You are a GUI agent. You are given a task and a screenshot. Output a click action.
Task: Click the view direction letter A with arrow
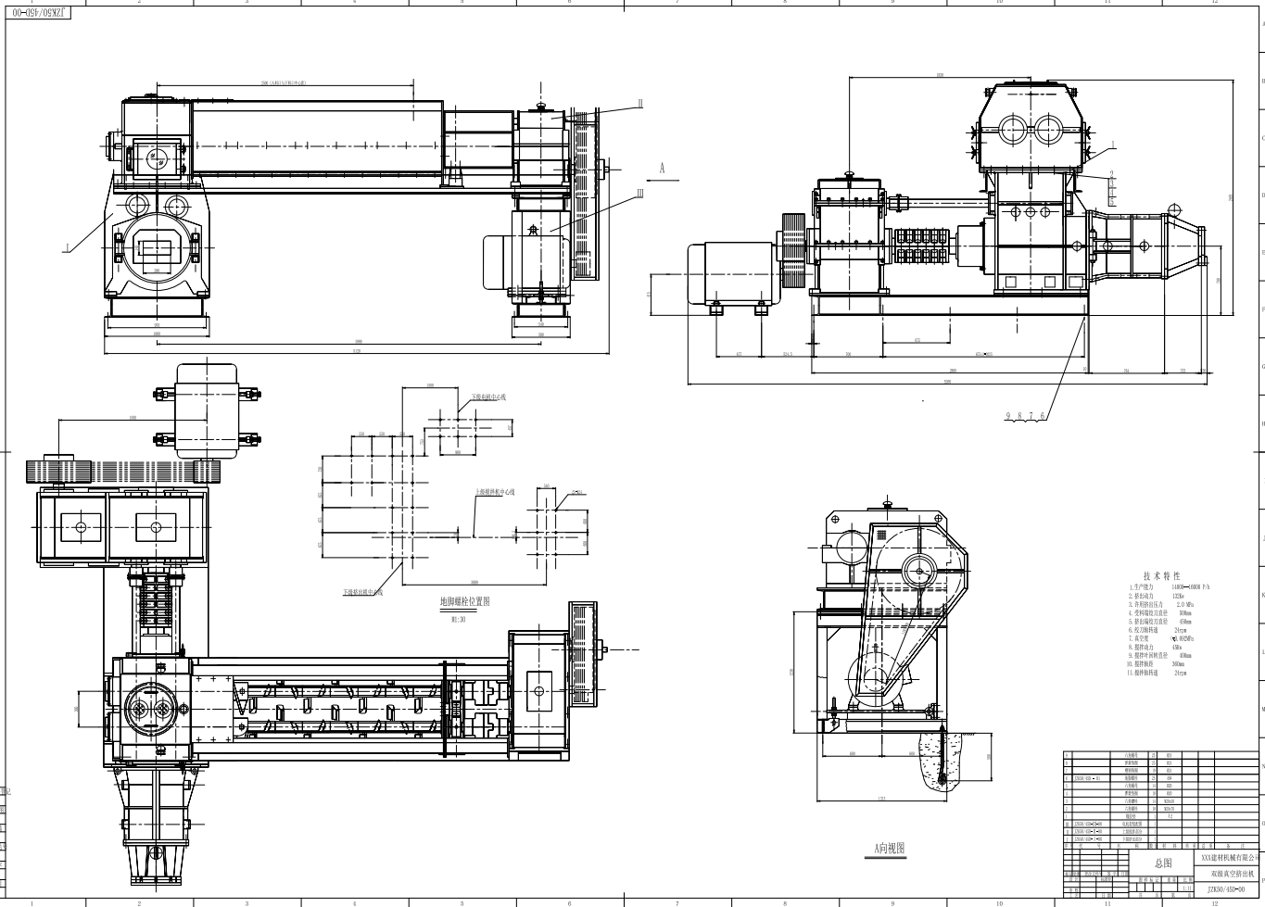[662, 169]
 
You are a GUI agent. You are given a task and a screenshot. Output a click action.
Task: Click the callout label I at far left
[68, 247]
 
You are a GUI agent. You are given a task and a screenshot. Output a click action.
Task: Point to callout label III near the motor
[639, 194]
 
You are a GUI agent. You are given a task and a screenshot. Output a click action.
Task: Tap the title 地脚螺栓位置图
[464, 601]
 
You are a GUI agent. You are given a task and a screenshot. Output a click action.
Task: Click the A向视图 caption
[889, 847]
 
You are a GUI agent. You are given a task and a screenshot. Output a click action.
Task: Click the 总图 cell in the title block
[1163, 863]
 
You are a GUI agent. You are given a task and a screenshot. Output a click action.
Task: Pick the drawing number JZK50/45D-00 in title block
[1225, 887]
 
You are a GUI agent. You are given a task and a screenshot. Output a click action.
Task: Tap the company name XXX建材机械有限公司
[1225, 859]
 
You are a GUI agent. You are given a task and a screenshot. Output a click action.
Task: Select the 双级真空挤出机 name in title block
[1225, 873]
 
